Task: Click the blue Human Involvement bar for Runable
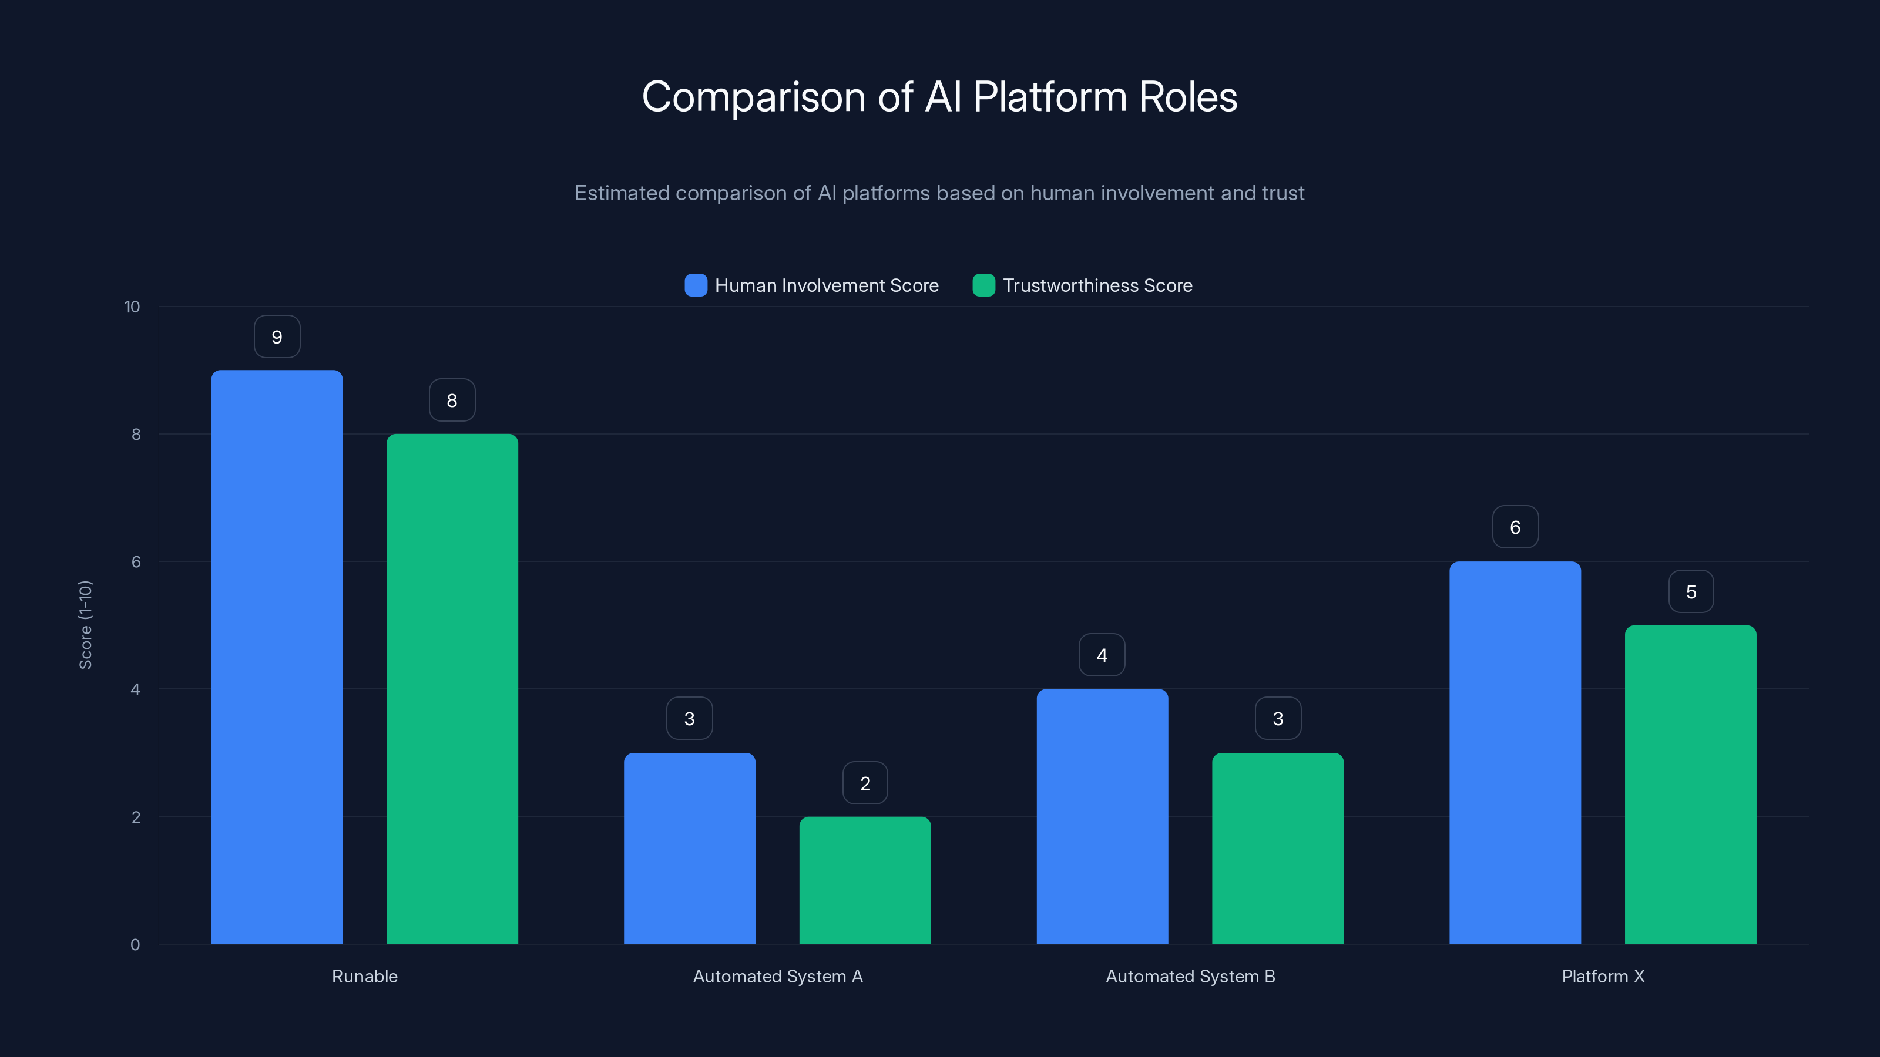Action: click(x=277, y=657)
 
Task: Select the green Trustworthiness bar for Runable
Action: click(x=452, y=689)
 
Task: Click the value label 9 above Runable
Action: click(x=277, y=337)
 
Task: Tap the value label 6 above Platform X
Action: click(x=1515, y=527)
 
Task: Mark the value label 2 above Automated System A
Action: click(x=865, y=783)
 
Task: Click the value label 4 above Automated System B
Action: click(x=1102, y=655)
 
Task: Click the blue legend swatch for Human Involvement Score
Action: click(x=696, y=285)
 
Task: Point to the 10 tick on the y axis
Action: click(x=132, y=307)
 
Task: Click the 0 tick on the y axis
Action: click(x=135, y=945)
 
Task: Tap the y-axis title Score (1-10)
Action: click(x=85, y=625)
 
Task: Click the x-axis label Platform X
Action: click(x=1603, y=976)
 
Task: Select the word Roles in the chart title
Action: click(x=1187, y=97)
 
